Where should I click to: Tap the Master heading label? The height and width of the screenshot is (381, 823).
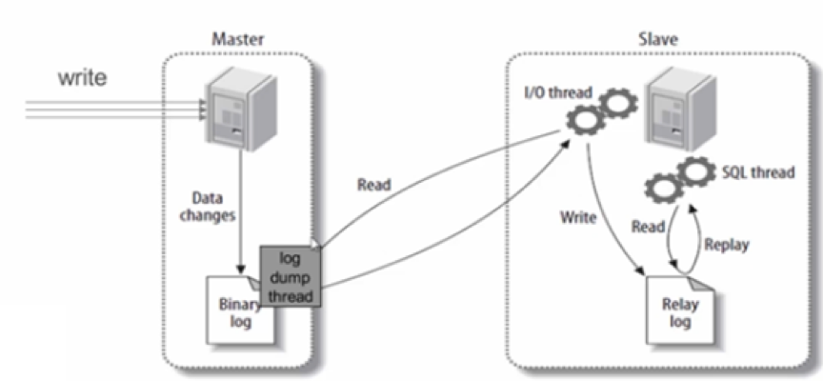[236, 40]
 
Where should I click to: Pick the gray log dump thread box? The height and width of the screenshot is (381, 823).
[291, 274]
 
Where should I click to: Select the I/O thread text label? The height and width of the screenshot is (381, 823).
[557, 92]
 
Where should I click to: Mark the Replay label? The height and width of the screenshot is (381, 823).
[727, 245]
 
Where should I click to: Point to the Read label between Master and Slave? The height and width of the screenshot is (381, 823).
[373, 185]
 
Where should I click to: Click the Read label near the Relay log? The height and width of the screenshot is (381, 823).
[649, 228]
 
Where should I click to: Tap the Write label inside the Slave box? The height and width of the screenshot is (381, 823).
[578, 217]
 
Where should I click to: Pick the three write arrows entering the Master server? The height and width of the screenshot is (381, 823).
[114, 111]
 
